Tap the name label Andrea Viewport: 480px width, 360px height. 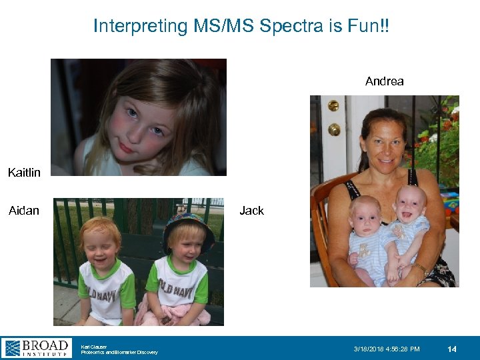click(384, 81)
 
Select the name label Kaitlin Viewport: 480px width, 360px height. click(24, 173)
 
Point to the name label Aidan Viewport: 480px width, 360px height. click(24, 211)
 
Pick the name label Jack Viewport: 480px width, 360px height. click(251, 211)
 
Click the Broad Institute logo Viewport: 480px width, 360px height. click(36, 347)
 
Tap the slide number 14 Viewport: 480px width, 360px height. click(451, 349)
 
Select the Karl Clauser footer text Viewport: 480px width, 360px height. click(94, 346)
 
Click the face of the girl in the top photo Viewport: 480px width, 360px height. click(144, 123)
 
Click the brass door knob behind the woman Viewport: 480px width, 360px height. click(333, 129)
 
